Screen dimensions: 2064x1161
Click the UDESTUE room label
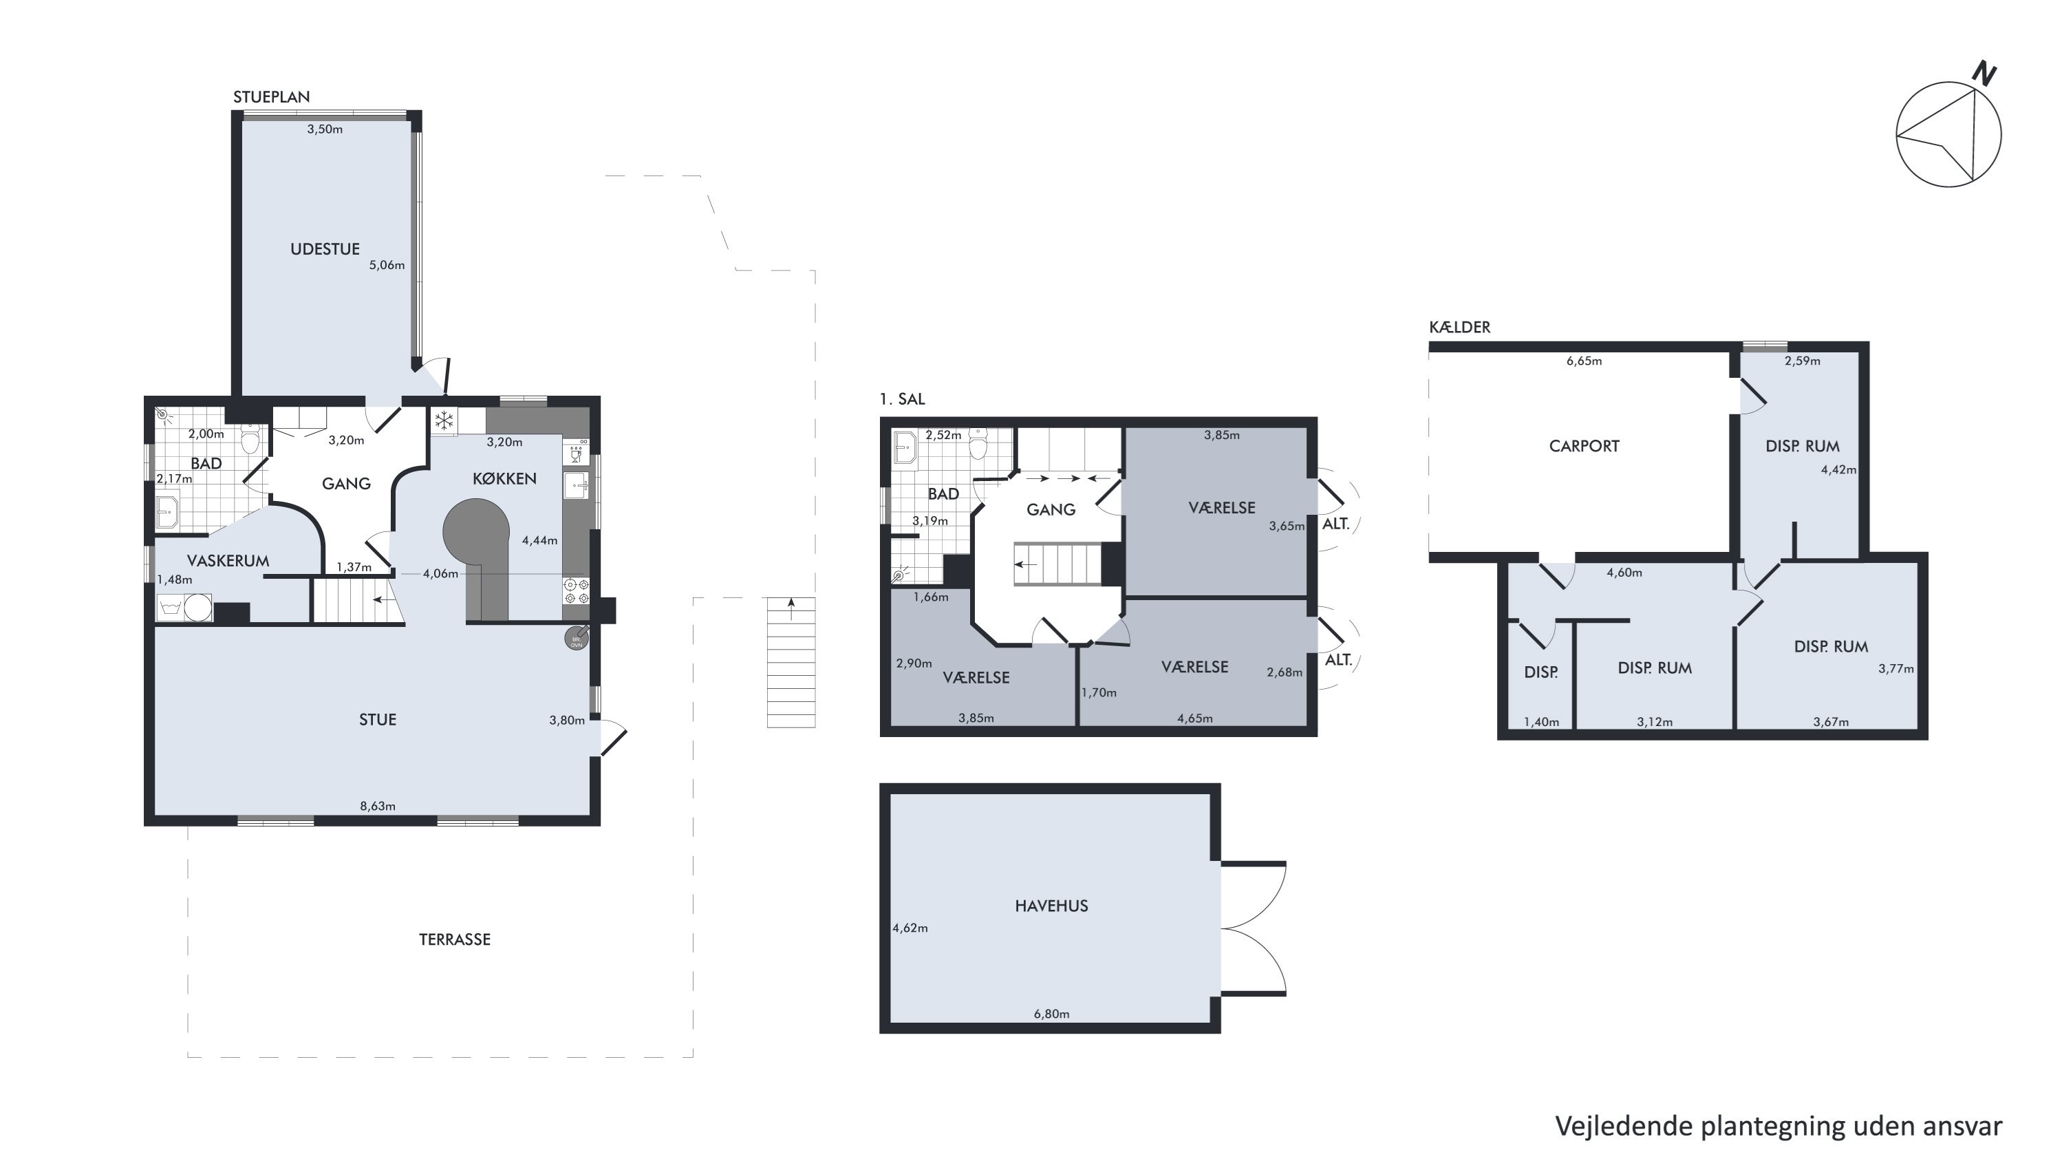coord(325,249)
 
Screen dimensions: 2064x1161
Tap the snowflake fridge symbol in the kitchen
coord(444,420)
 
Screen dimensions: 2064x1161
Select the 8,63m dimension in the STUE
coord(378,806)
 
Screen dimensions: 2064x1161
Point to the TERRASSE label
coord(454,939)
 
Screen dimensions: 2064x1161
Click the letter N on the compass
coord(1984,74)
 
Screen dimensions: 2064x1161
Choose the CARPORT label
coord(1584,446)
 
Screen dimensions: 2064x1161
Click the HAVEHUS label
coord(1051,906)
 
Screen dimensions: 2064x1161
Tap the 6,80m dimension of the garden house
coord(1051,1014)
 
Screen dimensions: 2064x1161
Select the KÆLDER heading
coord(1460,327)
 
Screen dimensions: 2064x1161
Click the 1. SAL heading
coord(902,399)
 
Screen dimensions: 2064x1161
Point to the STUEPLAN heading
coord(272,97)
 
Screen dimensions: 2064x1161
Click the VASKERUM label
coord(228,561)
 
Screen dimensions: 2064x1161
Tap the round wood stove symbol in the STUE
coord(576,639)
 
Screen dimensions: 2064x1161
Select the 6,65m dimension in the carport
coord(1584,361)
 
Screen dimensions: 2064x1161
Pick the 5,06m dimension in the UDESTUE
coord(387,265)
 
